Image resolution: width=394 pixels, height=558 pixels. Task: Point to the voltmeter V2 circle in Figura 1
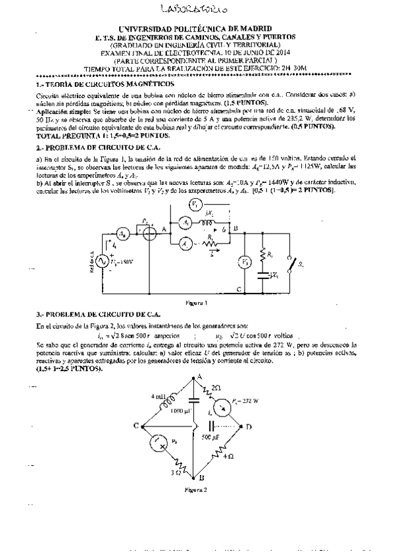[x=243, y=261]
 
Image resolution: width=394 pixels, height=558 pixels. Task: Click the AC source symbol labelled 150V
[x=103, y=262]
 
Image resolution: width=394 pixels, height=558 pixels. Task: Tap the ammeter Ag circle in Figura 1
[x=122, y=234]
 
